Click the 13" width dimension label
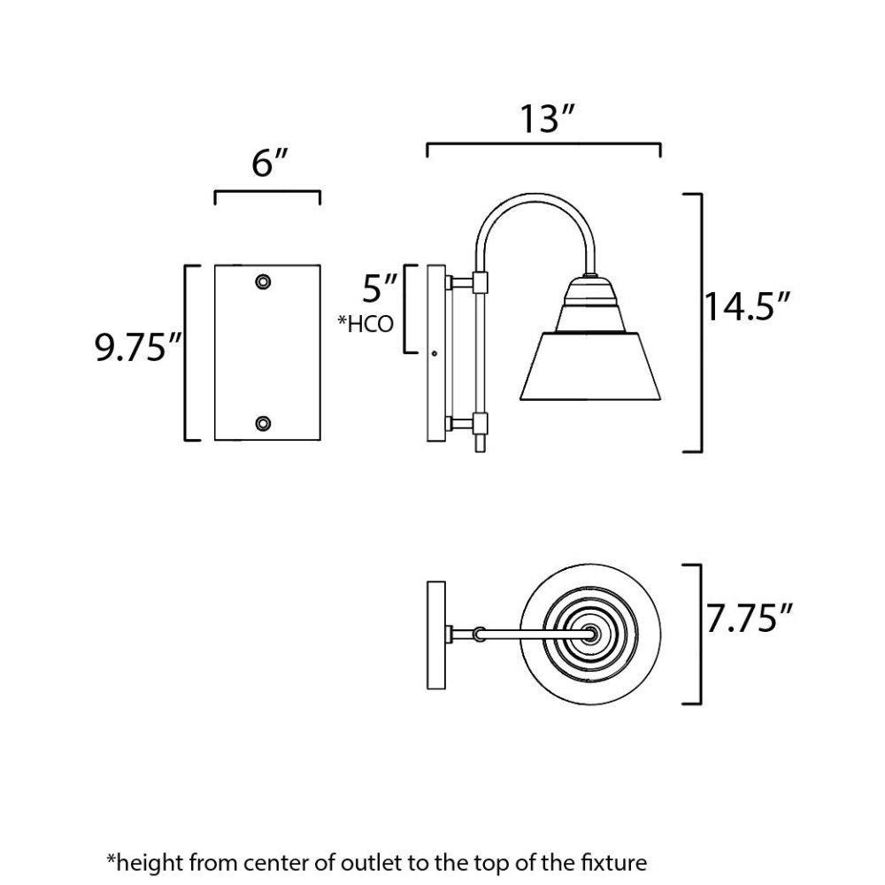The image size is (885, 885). pos(546,119)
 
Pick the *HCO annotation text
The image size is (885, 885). pos(366,324)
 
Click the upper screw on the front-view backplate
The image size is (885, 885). pos(263,281)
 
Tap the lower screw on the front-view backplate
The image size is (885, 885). pos(263,423)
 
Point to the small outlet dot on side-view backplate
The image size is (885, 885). pos(434,354)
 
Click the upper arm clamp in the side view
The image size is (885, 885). pos(480,282)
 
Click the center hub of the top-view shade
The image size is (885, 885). pos(591,634)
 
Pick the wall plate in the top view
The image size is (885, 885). pos(436,635)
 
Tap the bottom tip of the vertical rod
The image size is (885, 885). pos(480,451)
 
